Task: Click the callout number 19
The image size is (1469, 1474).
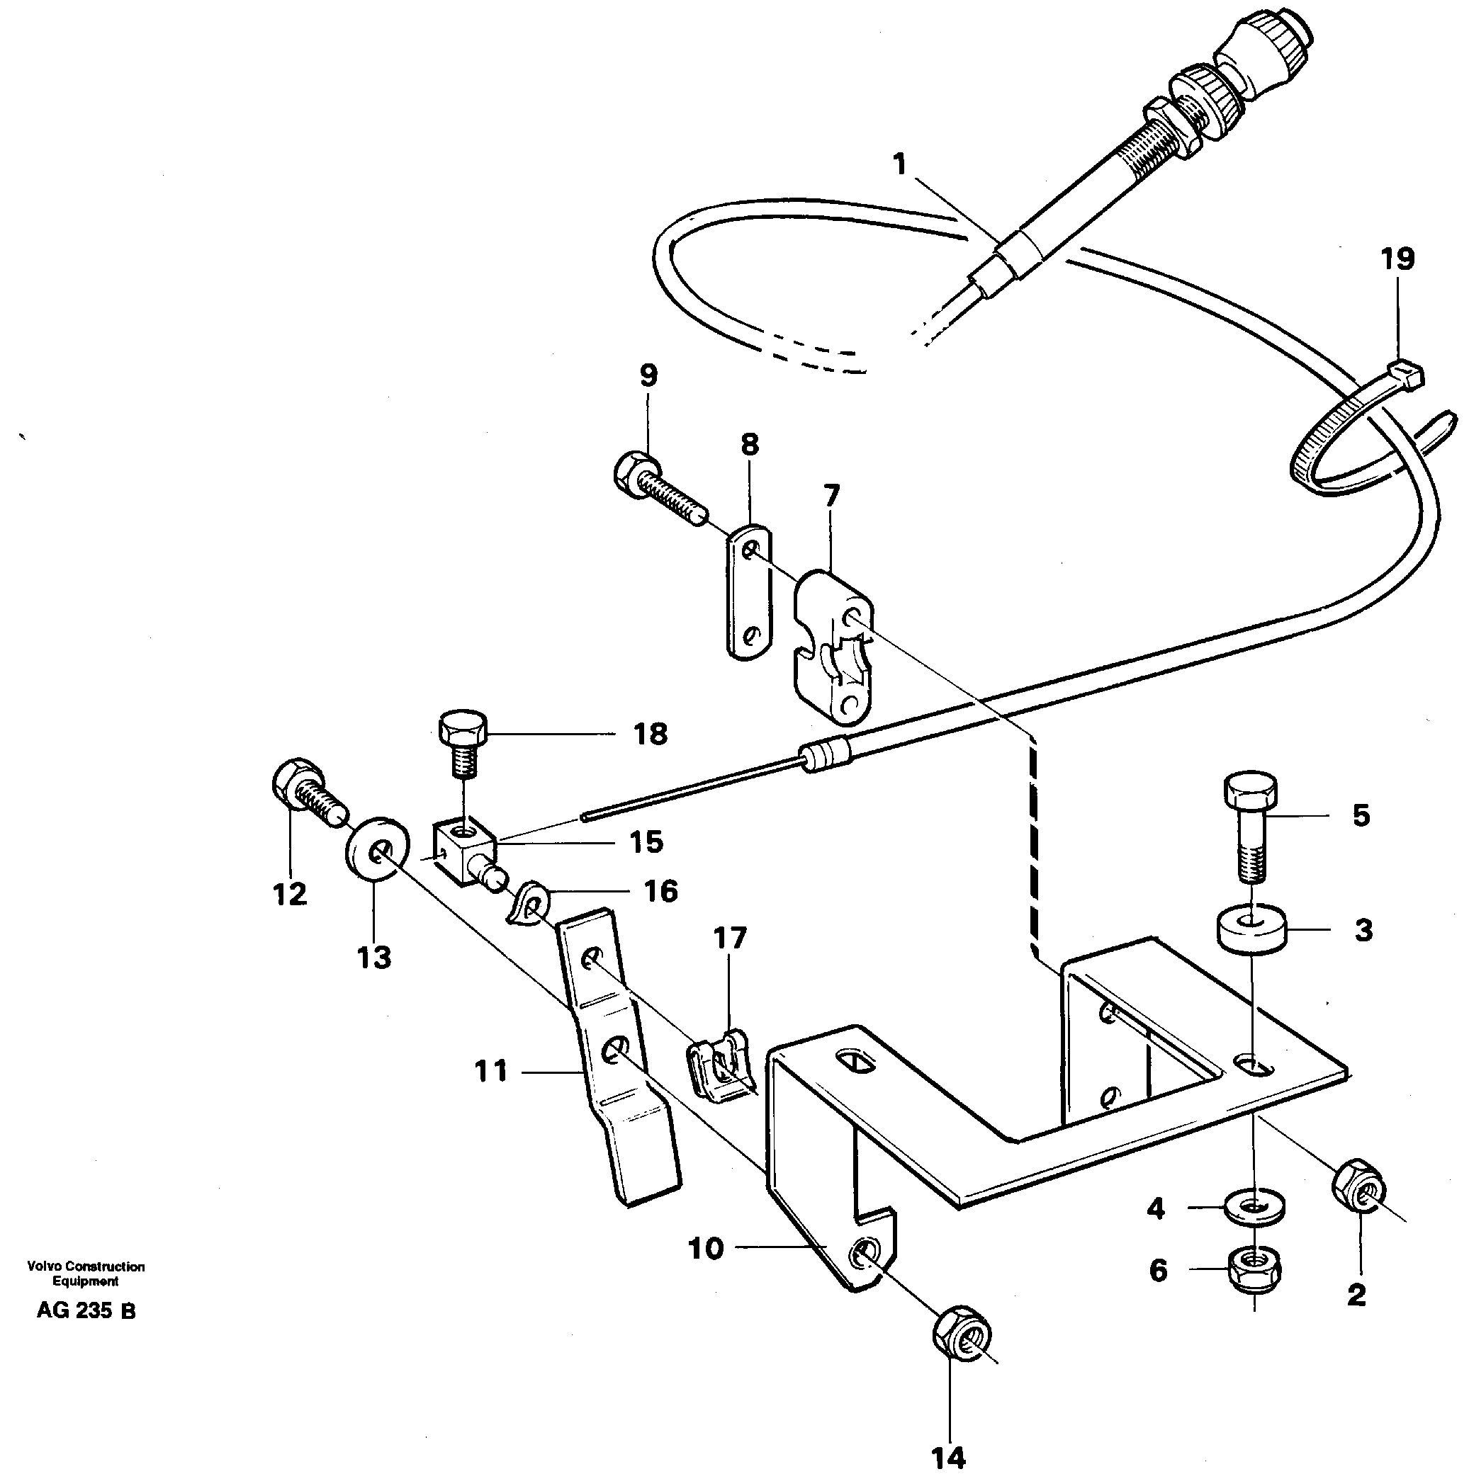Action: [x=1397, y=259]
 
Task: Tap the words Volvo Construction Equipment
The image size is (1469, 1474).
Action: [x=86, y=1274]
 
